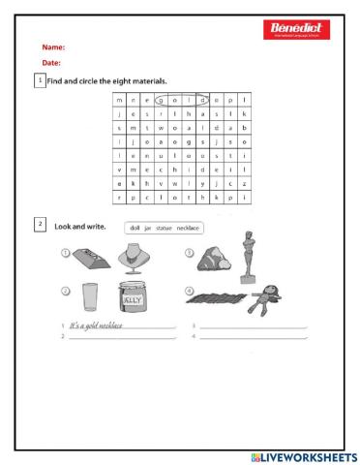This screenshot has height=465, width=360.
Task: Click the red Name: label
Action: tap(54, 46)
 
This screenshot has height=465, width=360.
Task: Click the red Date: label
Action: tap(52, 62)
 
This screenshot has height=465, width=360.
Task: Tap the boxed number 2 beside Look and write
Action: tap(40, 225)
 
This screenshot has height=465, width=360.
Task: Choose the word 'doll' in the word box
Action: tap(134, 229)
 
